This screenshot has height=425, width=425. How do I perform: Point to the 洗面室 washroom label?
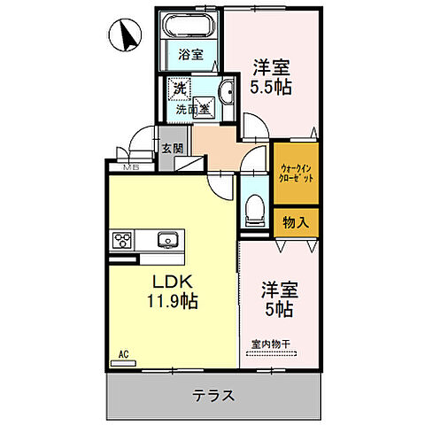pyautogui.click(x=191, y=111)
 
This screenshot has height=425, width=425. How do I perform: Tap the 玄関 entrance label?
pyautogui.click(x=173, y=149)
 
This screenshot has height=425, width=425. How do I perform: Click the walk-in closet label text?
pyautogui.click(x=294, y=173)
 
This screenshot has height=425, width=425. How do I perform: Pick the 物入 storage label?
pyautogui.click(x=295, y=221)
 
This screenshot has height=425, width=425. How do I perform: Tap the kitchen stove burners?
pyautogui.click(x=121, y=240)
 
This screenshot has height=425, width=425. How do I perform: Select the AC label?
pyautogui.click(x=123, y=355)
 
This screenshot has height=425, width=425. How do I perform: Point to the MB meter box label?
pyautogui.click(x=132, y=166)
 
